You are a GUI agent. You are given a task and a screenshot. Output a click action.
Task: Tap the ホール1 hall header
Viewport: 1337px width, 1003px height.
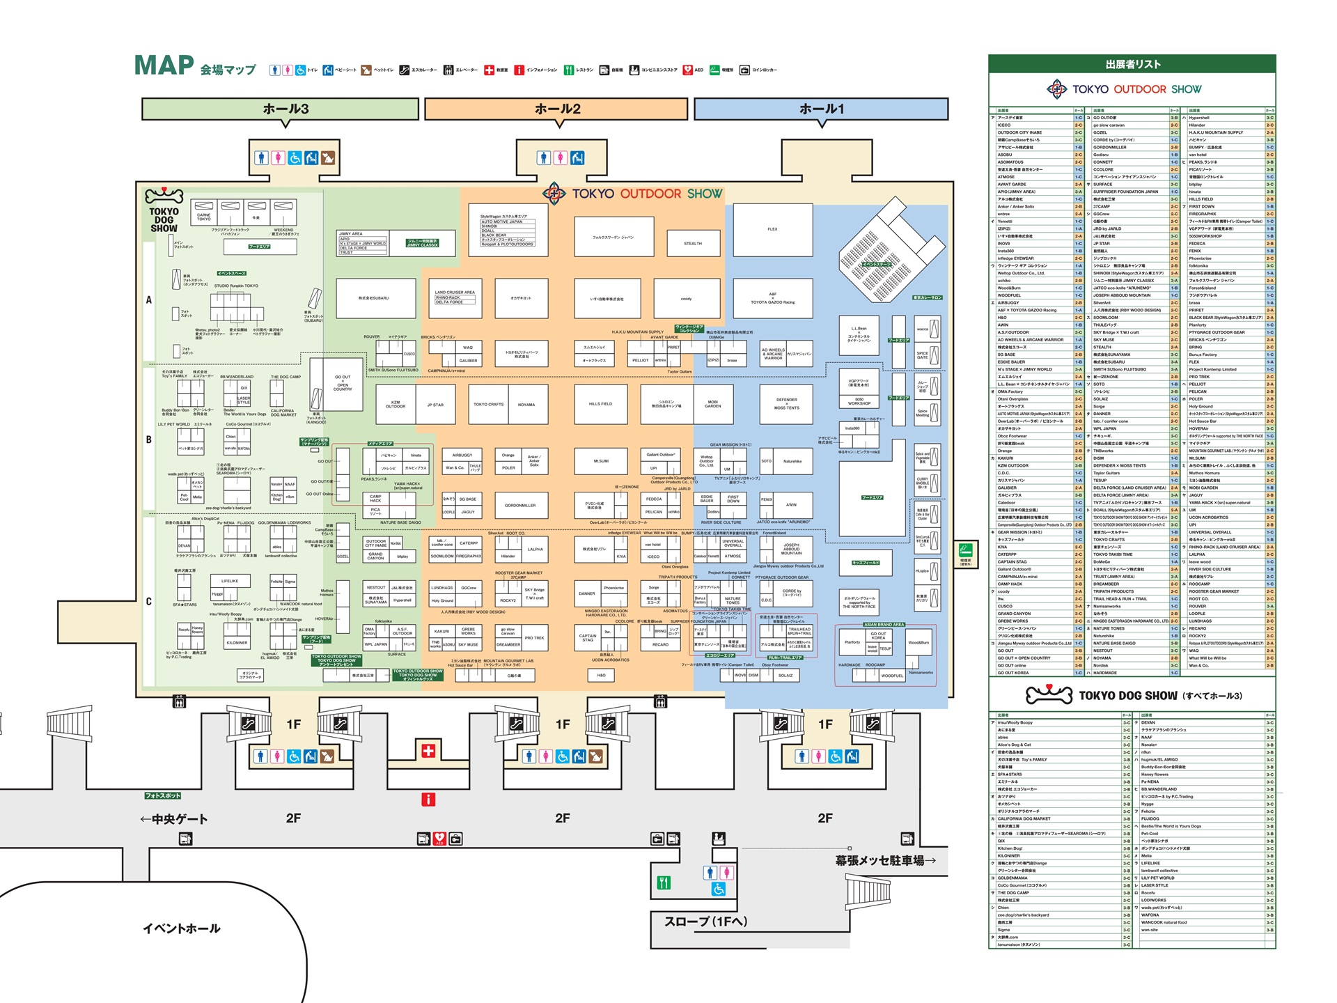(x=821, y=109)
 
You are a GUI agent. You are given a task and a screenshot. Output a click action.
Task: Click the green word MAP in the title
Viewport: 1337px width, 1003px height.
(x=164, y=65)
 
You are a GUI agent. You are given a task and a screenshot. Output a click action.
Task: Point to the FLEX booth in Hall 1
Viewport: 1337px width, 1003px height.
(x=772, y=230)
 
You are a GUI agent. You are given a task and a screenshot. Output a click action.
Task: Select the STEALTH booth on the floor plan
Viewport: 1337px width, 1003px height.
(x=693, y=243)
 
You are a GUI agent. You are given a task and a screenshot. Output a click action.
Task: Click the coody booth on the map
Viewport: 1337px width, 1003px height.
(x=686, y=299)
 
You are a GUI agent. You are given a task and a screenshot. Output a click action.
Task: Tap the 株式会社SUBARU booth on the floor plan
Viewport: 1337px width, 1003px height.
(x=374, y=299)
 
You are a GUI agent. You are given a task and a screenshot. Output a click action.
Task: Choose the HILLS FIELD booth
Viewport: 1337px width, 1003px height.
(x=600, y=404)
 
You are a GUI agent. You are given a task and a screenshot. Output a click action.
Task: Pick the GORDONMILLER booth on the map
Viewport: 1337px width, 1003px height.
(x=520, y=506)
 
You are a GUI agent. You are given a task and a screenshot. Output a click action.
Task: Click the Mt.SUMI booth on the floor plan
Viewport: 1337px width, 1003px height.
(x=601, y=461)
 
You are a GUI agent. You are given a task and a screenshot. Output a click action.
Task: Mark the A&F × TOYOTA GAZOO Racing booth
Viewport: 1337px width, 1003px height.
(x=772, y=299)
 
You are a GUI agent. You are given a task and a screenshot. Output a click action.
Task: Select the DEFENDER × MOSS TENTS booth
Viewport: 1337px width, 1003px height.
(x=787, y=404)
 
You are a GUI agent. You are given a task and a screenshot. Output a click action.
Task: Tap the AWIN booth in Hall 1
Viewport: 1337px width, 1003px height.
(x=791, y=505)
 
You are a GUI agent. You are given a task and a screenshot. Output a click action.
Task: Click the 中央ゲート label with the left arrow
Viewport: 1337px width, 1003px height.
(x=174, y=819)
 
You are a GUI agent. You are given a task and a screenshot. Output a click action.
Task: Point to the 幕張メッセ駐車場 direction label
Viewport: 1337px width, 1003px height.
(x=885, y=860)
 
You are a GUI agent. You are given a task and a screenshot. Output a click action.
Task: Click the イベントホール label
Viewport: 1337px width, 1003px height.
(x=182, y=928)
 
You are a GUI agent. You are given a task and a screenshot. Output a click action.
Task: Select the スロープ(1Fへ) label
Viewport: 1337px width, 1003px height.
(x=706, y=922)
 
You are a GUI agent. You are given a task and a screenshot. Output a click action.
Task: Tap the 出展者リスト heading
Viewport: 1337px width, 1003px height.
(x=1132, y=64)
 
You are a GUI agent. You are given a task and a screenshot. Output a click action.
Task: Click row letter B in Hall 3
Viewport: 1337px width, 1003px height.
(x=148, y=440)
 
